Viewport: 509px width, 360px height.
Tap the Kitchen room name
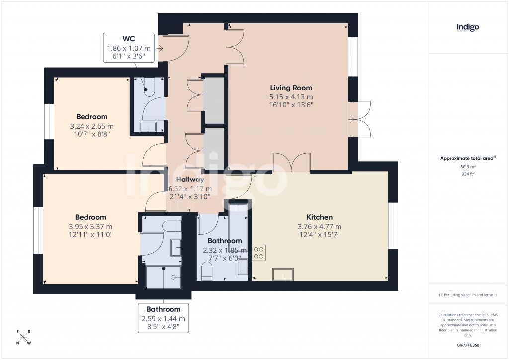pyautogui.click(x=319, y=217)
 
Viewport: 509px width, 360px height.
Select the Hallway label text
pyautogui.click(x=190, y=180)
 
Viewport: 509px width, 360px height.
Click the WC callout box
pyautogui.click(x=128, y=48)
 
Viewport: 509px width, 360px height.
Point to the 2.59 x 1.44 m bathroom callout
pyautogui.click(x=163, y=318)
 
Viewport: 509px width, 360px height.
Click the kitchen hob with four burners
pyautogui.click(x=258, y=253)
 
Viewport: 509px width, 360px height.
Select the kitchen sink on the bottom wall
pyautogui.click(x=283, y=274)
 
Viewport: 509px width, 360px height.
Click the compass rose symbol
pyautogui.click(x=23, y=337)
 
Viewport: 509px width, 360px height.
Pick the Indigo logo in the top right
pyautogui.click(x=467, y=27)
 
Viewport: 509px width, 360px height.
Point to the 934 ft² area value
pyautogui.click(x=467, y=175)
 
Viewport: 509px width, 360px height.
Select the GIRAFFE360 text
pyautogui.click(x=467, y=345)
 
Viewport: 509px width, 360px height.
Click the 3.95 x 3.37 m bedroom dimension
pyautogui.click(x=90, y=226)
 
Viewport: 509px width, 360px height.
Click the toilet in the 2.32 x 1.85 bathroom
pyautogui.click(x=207, y=271)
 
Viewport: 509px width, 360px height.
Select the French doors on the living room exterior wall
pyautogui.click(x=360, y=119)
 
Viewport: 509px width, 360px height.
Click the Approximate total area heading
pyautogui.click(x=467, y=158)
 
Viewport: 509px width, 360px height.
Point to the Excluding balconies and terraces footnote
pyautogui.click(x=467, y=295)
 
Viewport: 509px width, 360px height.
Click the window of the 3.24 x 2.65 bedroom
pyautogui.click(x=50, y=121)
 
